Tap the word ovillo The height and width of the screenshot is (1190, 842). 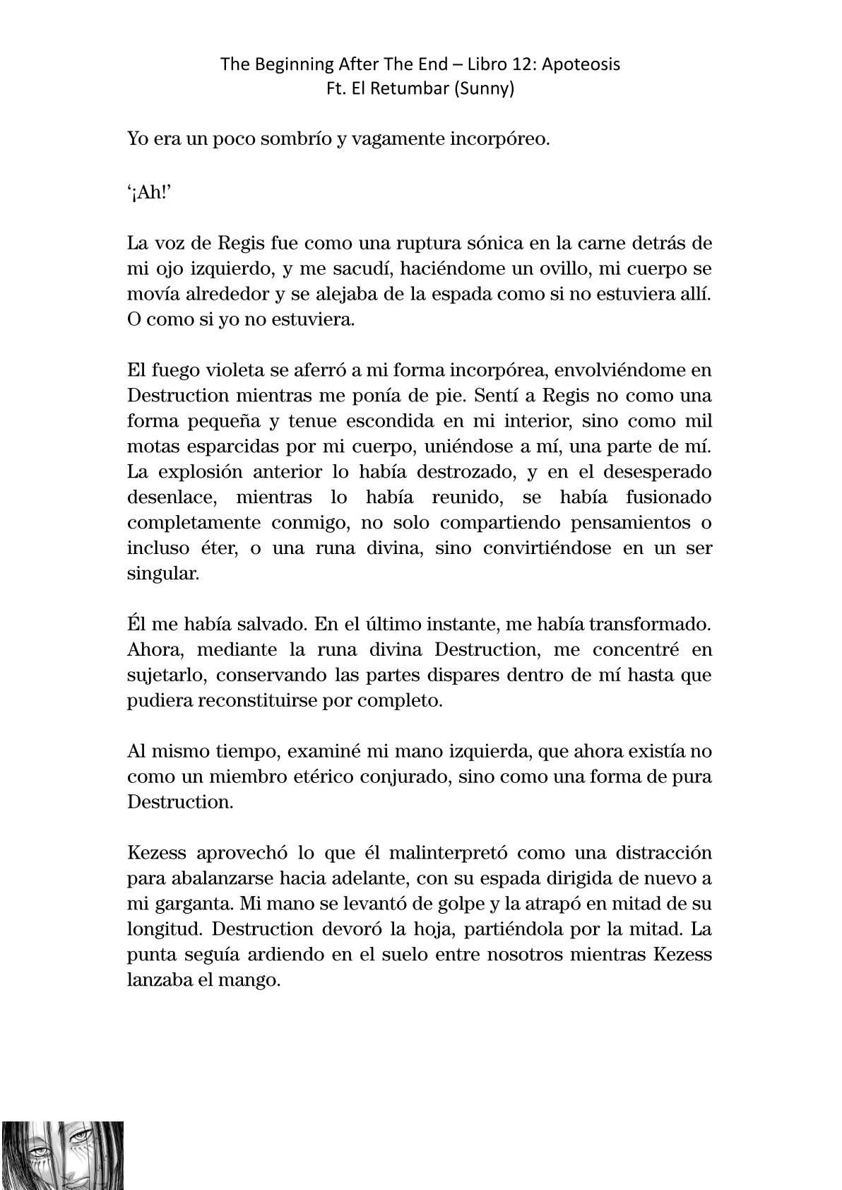(x=557, y=269)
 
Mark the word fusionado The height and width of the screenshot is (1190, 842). (x=668, y=497)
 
